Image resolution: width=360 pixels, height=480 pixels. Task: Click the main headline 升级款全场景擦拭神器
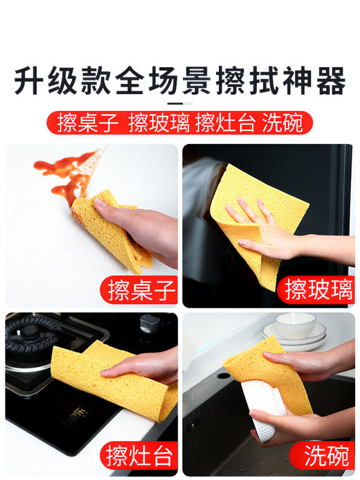point(180,81)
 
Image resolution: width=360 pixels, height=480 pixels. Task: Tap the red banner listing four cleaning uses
point(180,123)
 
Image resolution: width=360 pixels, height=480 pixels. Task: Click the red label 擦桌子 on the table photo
point(141,289)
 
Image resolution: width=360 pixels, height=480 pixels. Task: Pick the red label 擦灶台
point(141,456)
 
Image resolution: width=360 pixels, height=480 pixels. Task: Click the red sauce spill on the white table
point(66,170)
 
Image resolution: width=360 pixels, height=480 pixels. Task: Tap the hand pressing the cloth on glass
point(267,229)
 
